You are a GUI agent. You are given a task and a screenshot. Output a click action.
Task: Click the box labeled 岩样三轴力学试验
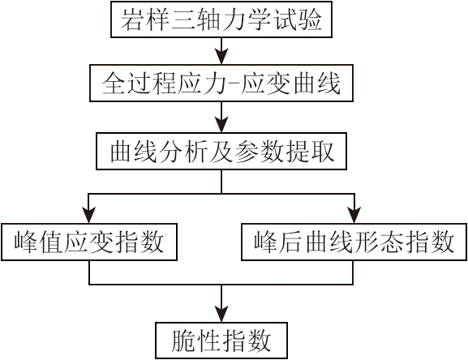[221, 19]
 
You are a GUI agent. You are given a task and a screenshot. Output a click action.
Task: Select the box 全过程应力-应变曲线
[221, 84]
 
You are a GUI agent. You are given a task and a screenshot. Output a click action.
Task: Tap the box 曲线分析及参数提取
[221, 152]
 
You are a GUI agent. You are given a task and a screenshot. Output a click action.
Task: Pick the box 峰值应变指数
[89, 242]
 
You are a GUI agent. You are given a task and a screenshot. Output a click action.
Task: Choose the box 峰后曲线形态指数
[354, 242]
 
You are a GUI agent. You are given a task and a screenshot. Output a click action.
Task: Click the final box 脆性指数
[221, 341]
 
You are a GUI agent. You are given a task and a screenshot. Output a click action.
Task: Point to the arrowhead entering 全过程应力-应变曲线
[221, 57]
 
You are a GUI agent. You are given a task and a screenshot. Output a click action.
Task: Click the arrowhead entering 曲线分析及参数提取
[221, 124]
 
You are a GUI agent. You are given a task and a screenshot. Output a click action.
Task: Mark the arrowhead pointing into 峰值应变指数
[89, 215]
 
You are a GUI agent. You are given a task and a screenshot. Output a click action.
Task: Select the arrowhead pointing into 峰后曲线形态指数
[354, 215]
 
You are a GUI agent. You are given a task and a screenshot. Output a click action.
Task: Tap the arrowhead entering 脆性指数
[221, 314]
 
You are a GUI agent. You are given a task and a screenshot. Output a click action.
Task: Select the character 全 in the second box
[113, 84]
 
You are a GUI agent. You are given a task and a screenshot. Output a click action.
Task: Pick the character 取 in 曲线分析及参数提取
[322, 152]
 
